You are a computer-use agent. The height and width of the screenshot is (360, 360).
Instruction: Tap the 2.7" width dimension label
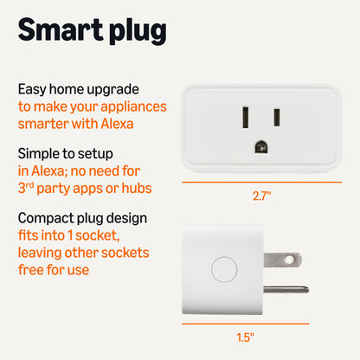260,196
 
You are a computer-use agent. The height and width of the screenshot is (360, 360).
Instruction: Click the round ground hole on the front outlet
260,146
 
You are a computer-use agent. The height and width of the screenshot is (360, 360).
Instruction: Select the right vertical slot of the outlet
276,115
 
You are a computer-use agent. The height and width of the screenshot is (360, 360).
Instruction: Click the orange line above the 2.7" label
260,183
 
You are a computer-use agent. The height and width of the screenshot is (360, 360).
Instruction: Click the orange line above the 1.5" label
245,322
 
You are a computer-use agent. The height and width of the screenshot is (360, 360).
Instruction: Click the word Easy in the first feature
32,89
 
